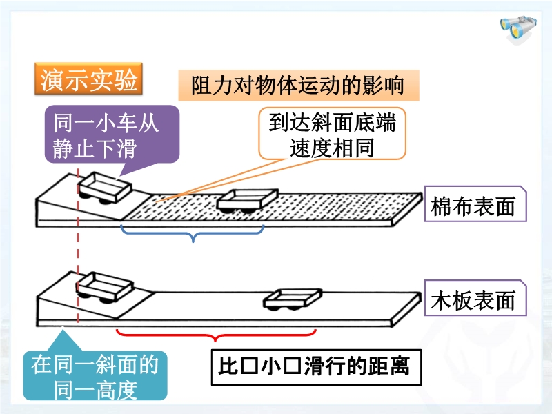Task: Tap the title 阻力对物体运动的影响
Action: (x=299, y=88)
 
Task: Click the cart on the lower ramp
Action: (x=105, y=286)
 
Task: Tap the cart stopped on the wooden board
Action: (x=293, y=298)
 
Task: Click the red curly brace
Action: (x=216, y=335)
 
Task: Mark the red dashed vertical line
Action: (x=79, y=248)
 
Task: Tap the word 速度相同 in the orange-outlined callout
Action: (x=332, y=148)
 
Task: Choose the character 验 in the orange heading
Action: (x=126, y=81)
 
